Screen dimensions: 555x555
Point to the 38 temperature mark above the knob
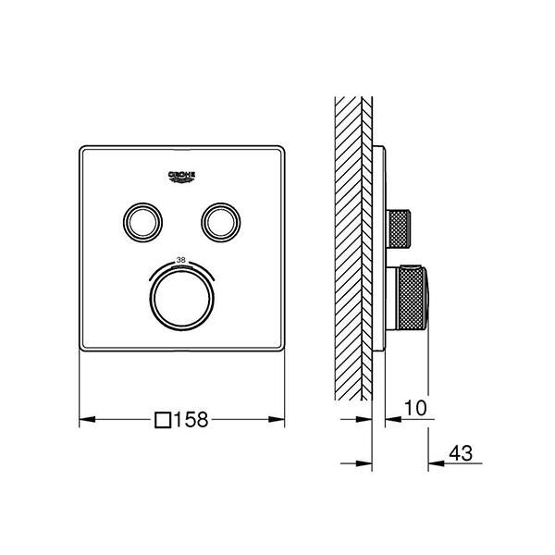tap(181, 260)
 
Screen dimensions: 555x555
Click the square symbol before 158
tap(163, 419)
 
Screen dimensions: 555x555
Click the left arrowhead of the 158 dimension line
tap(85, 419)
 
